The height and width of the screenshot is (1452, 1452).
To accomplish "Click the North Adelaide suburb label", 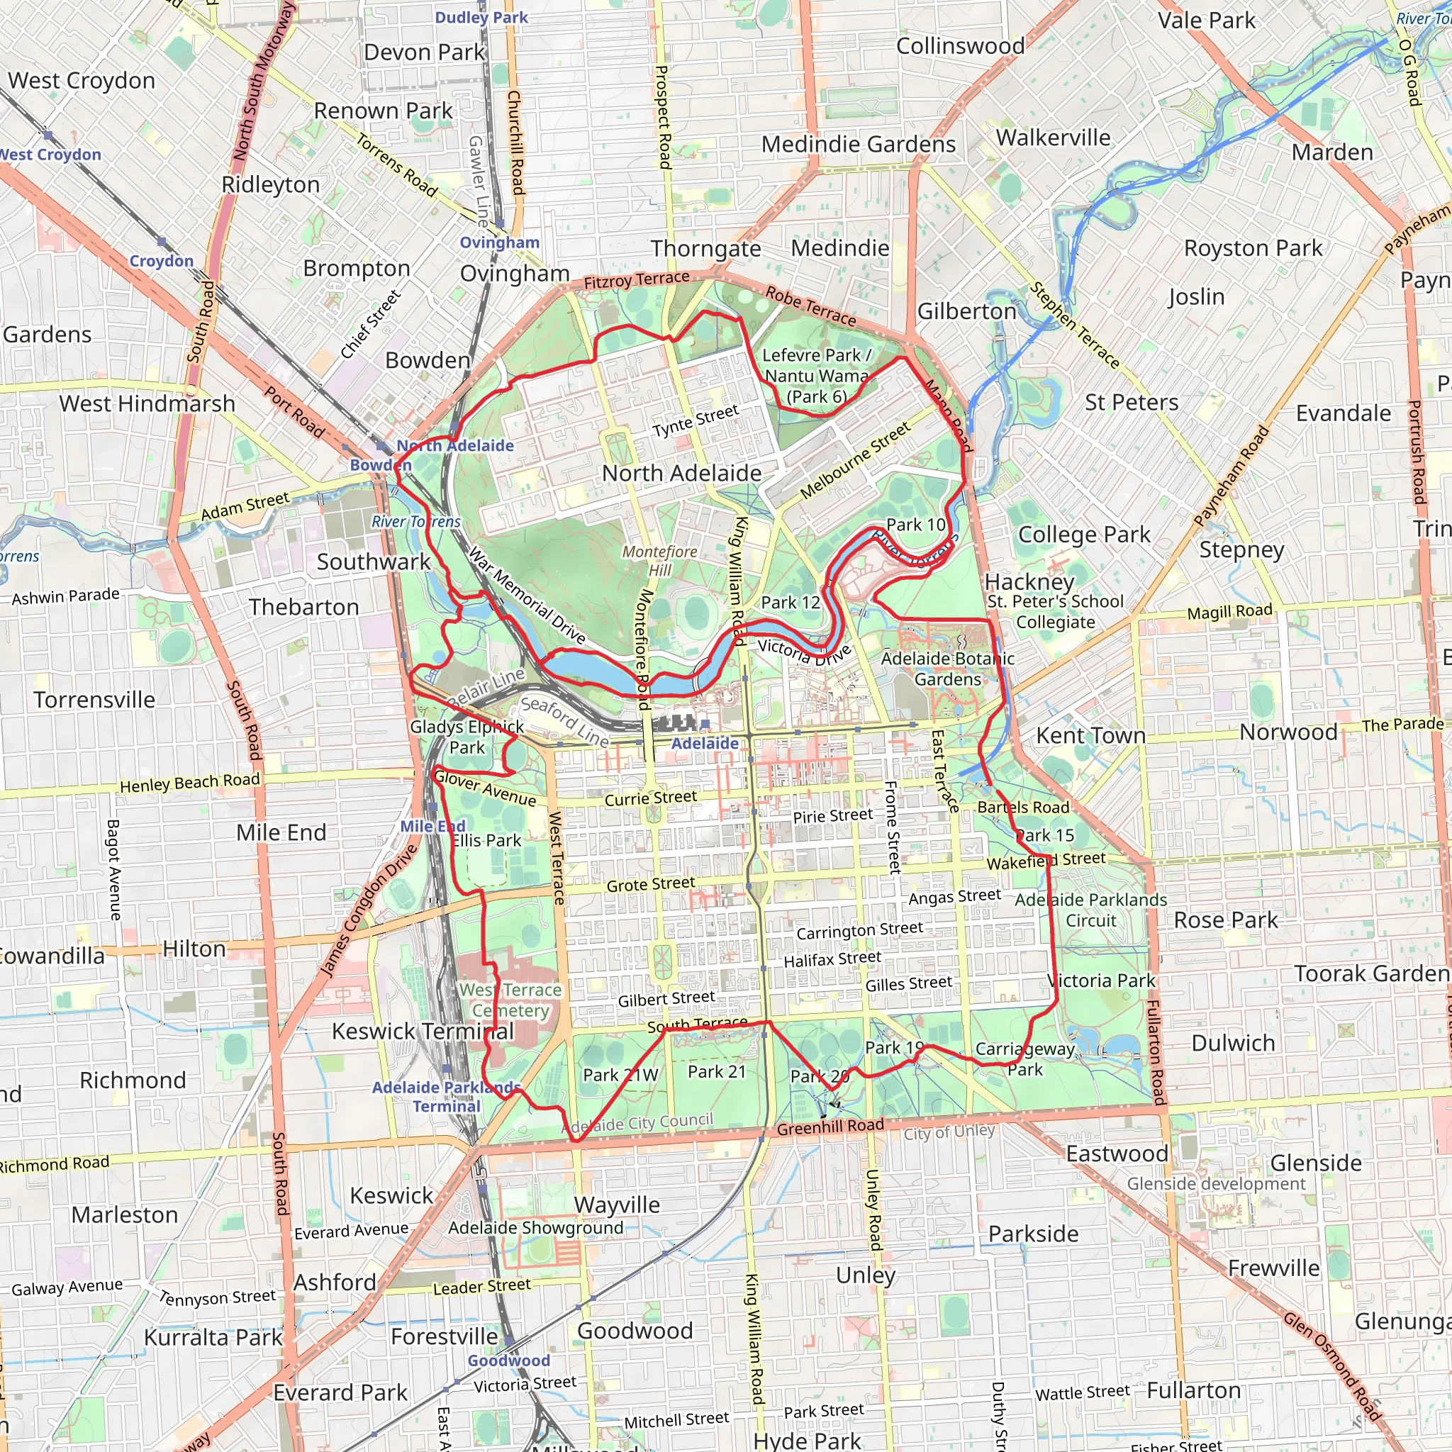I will tap(681, 473).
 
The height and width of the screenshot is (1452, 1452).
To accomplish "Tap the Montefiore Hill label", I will tap(659, 561).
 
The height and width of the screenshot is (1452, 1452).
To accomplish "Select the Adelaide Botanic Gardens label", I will tap(947, 669).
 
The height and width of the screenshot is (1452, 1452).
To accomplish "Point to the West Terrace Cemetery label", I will tap(510, 1000).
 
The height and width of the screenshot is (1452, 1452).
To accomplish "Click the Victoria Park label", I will tap(1101, 981).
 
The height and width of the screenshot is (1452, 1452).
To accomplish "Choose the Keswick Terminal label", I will tap(423, 1031).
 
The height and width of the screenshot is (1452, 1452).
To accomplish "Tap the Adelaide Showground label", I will tap(536, 1227).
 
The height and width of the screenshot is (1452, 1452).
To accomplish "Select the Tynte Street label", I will tap(696, 421).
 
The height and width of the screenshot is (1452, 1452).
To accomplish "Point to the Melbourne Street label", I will tap(854, 461).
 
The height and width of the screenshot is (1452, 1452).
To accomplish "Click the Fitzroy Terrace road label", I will tap(637, 280).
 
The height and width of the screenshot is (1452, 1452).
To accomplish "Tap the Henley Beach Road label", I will tap(189, 783).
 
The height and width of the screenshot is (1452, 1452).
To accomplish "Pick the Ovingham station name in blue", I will tap(500, 242).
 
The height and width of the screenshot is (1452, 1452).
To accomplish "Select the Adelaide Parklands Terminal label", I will tap(447, 1097).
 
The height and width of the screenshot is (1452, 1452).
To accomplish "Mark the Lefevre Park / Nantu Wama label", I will tap(816, 375).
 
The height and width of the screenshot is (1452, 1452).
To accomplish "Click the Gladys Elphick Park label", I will tap(467, 737).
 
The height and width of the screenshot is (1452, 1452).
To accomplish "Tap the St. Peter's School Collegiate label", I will tap(1055, 611).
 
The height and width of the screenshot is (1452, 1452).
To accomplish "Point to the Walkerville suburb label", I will tap(1053, 138).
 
